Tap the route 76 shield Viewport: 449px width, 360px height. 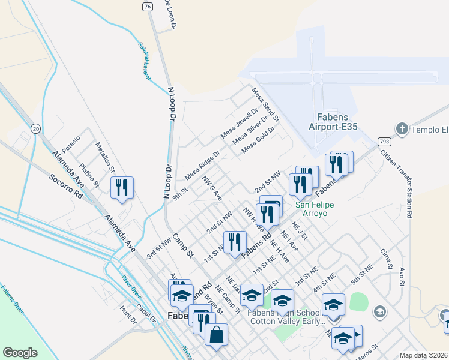148,6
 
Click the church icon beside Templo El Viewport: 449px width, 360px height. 402,128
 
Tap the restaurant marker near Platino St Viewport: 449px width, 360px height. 122,188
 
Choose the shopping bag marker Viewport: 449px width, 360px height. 216,336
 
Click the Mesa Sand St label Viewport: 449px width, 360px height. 265,103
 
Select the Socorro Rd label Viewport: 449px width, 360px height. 66,186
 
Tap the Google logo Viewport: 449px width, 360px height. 20,353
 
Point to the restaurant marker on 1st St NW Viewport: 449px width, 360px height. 235,243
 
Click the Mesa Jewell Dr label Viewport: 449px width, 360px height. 238,122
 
